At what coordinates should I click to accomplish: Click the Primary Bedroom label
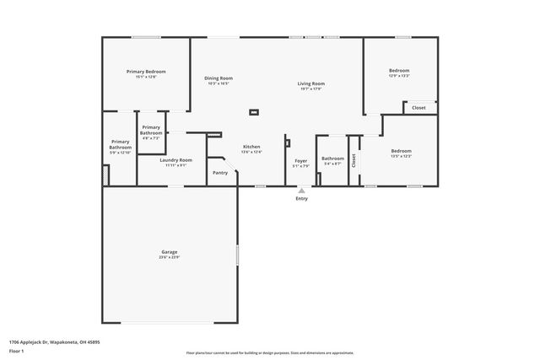[x=146, y=72]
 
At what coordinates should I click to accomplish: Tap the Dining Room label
[x=219, y=78]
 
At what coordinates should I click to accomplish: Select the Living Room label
[x=310, y=83]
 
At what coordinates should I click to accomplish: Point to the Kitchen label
[x=251, y=146]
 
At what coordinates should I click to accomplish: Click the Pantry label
[x=220, y=173]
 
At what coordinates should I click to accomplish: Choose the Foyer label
[x=300, y=160]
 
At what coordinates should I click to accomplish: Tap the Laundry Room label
[x=176, y=160]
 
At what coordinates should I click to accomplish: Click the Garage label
[x=170, y=252]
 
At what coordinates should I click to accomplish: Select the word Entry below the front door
[x=301, y=199]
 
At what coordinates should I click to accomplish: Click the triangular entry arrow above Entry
[x=301, y=191]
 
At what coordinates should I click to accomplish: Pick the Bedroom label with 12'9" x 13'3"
[x=399, y=70]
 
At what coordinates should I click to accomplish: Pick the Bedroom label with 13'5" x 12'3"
[x=400, y=151]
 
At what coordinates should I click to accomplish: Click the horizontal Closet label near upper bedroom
[x=419, y=108]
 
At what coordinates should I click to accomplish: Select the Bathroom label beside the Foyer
[x=332, y=159]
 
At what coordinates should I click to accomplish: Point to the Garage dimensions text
[x=170, y=257]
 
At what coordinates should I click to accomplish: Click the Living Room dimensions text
[x=310, y=89]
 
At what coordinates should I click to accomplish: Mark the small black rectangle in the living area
[x=253, y=112]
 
